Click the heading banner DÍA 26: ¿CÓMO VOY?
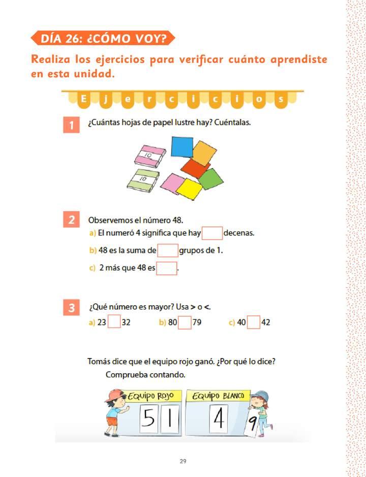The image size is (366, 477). click(102, 38)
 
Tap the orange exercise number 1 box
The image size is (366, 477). click(72, 125)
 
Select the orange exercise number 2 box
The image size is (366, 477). click(72, 220)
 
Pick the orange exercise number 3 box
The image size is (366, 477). click(72, 308)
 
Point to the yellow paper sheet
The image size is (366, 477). click(189, 190)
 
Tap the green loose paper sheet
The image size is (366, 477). click(210, 178)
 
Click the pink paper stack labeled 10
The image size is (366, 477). click(146, 156)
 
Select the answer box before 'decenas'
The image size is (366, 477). click(212, 233)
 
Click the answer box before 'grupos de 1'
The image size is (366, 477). click(168, 251)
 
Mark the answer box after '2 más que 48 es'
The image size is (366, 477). click(167, 268)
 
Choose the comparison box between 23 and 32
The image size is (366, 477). click(114, 322)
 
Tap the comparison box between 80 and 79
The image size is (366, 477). click(185, 322)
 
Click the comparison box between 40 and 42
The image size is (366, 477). click(253, 322)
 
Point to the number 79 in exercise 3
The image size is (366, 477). click(197, 322)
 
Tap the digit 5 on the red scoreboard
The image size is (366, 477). click(147, 418)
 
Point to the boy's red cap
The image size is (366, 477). click(116, 394)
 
